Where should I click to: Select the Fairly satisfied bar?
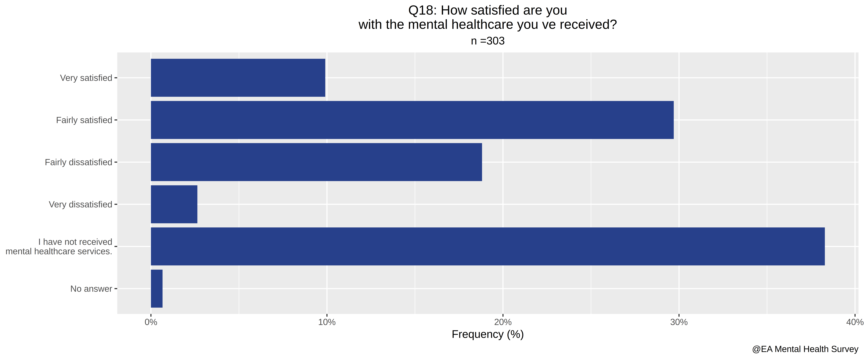pyautogui.click(x=412, y=120)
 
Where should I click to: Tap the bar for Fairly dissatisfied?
pyautogui.click(x=316, y=162)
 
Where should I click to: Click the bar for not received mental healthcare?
pyautogui.click(x=488, y=246)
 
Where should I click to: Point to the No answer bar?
pyautogui.click(x=157, y=289)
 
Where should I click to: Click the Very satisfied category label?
pyautogui.click(x=86, y=78)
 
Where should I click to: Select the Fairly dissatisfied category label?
pyautogui.click(x=78, y=162)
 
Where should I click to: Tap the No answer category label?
pyautogui.click(x=91, y=289)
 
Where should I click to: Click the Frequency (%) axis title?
pyautogui.click(x=488, y=335)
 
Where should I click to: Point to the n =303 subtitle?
pyautogui.click(x=488, y=41)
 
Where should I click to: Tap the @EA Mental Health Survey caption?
pyautogui.click(x=805, y=349)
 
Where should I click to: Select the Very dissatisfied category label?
pyautogui.click(x=80, y=204)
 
